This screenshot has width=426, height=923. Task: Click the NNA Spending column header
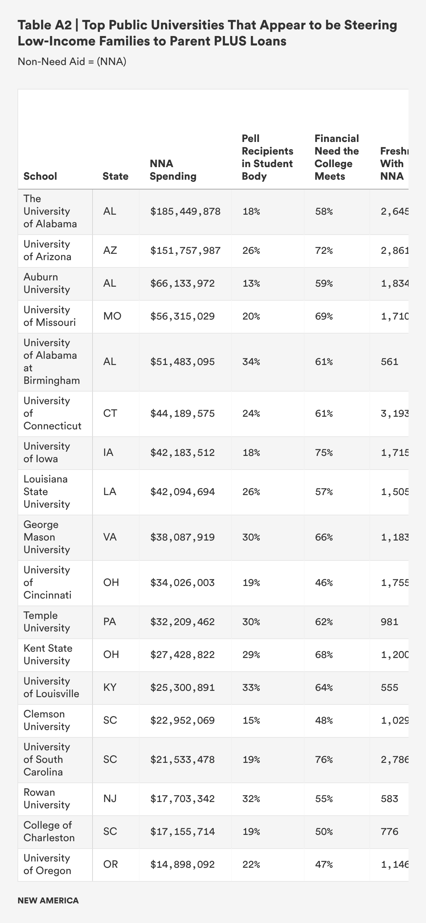(173, 170)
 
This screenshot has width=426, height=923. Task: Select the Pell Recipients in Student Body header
(267, 157)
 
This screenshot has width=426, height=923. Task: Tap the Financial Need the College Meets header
(337, 157)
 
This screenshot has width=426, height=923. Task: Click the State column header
(115, 176)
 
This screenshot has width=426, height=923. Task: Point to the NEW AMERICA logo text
(48, 900)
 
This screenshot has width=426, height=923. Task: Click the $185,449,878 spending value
(185, 212)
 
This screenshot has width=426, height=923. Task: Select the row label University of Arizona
(47, 250)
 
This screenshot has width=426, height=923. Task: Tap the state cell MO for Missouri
(112, 316)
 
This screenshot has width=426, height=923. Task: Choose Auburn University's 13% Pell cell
(251, 284)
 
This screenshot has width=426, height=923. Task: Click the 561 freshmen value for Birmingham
(389, 362)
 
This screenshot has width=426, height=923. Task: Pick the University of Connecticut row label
(52, 413)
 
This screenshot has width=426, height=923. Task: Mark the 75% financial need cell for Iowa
(324, 452)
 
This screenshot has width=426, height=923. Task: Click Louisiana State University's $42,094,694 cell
(182, 492)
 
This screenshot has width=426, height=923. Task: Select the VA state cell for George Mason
(110, 537)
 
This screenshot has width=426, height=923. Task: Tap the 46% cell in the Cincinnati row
(324, 582)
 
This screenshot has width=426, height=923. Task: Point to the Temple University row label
(46, 622)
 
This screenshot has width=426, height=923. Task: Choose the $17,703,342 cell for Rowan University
(182, 799)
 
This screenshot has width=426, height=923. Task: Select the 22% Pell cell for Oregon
(251, 865)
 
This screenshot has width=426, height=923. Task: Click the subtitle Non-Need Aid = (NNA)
(72, 62)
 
